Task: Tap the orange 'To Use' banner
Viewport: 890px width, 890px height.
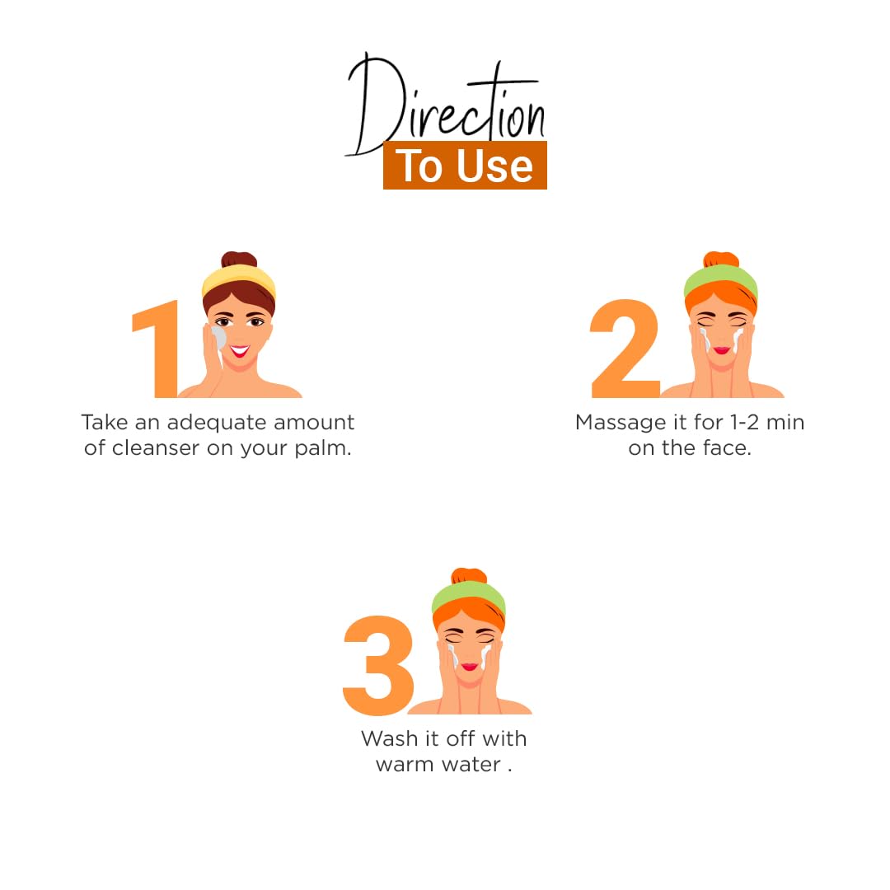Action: (x=465, y=165)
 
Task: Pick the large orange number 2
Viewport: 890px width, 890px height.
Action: (x=625, y=349)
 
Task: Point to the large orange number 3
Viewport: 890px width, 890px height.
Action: (x=378, y=665)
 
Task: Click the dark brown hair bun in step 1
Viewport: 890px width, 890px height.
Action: (x=239, y=260)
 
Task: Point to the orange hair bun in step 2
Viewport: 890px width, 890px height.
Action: (x=721, y=260)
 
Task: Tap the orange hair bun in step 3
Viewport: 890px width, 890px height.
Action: (x=469, y=575)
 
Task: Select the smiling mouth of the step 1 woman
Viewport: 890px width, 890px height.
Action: (x=240, y=351)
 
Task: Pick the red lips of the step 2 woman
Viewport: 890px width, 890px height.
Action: (x=721, y=350)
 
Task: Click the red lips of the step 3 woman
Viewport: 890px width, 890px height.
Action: (x=470, y=667)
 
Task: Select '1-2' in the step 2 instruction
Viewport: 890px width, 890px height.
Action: (x=744, y=422)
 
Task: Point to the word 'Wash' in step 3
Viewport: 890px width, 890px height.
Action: (x=389, y=738)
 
